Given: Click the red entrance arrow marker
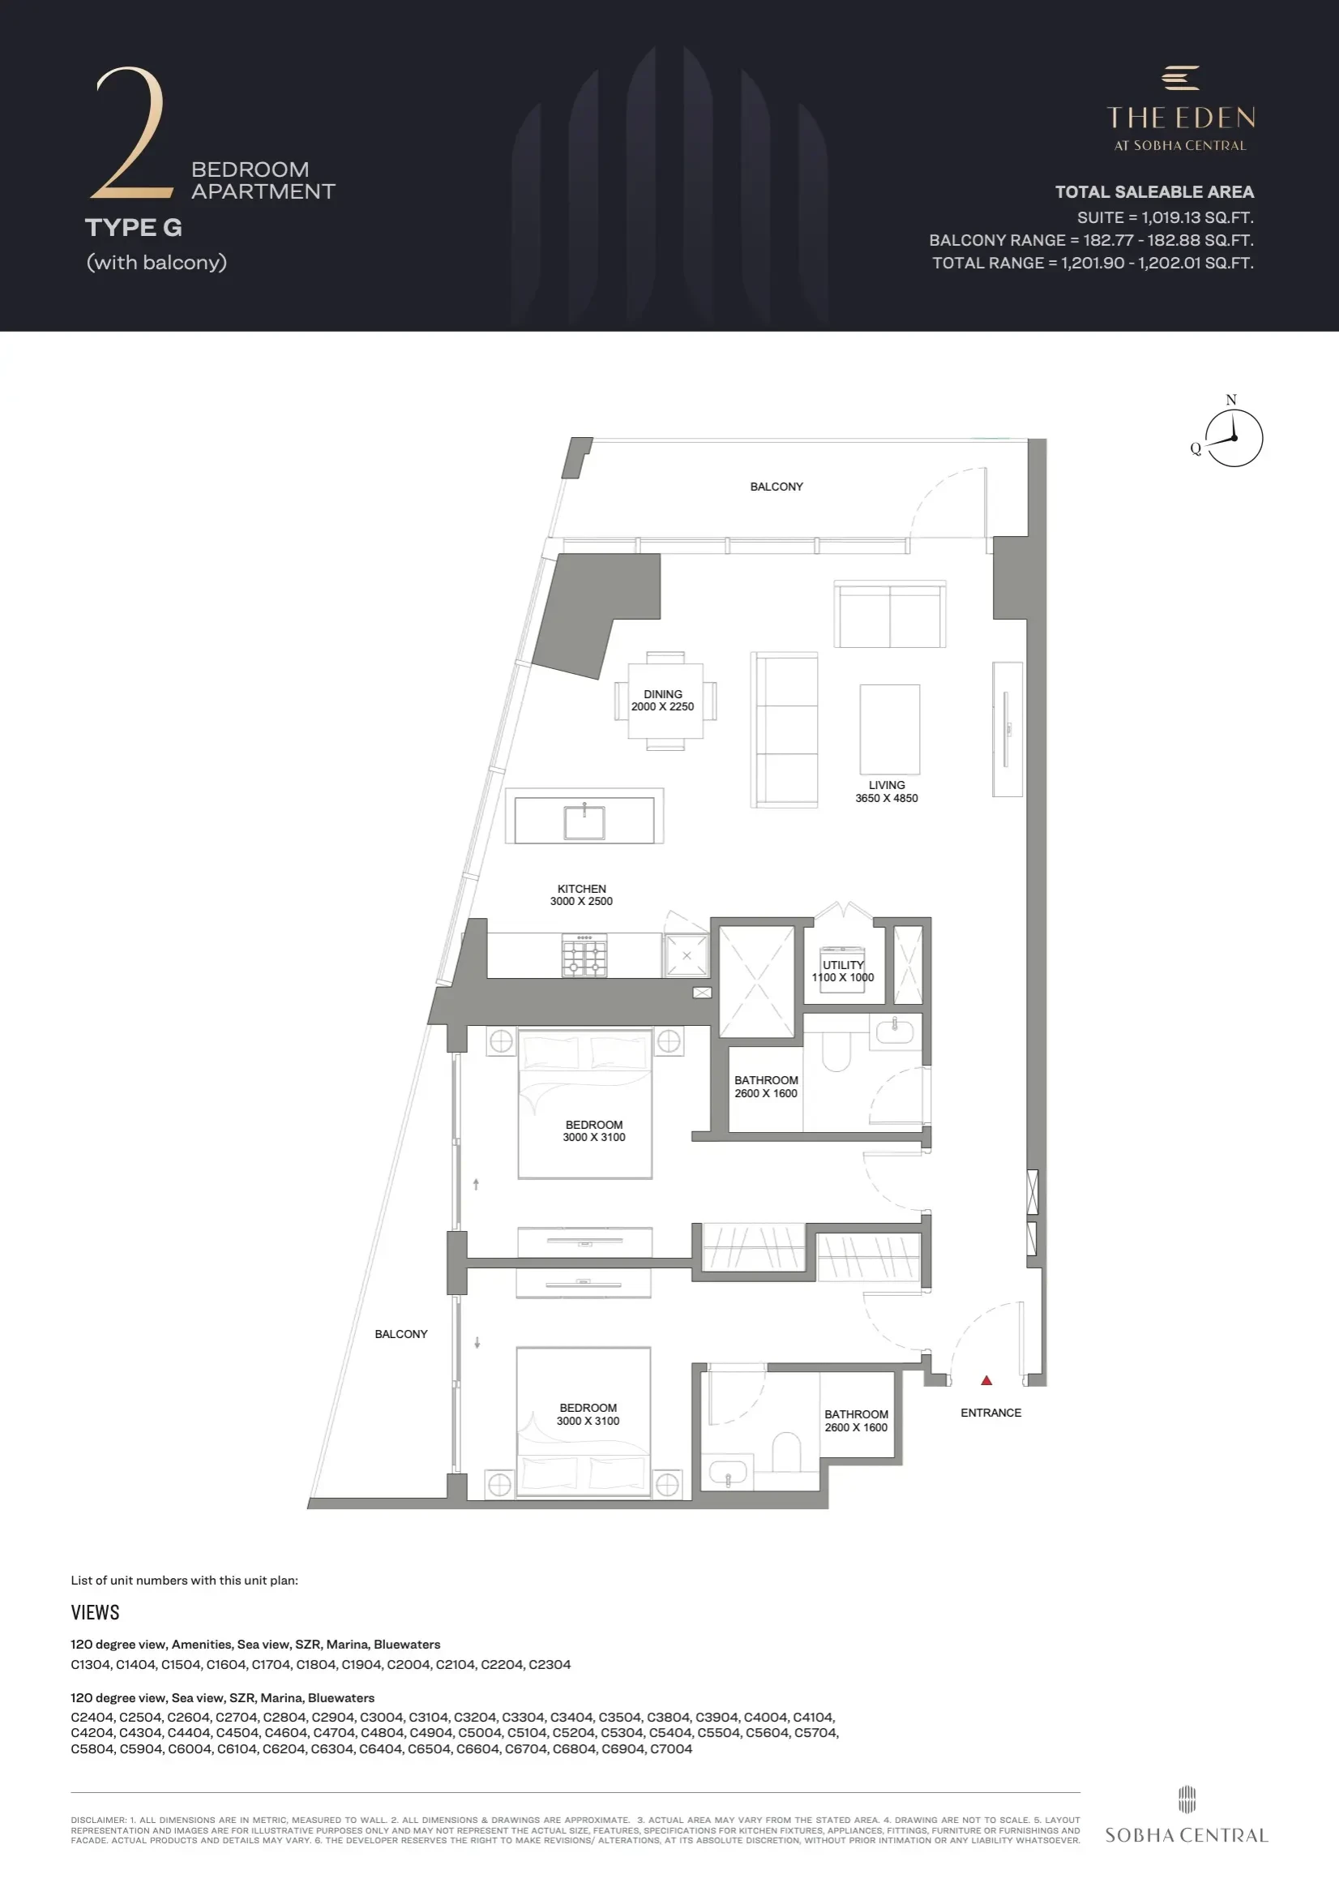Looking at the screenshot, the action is tap(986, 1381).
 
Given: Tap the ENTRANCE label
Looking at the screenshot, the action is tap(990, 1413).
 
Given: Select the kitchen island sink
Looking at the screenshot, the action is tap(584, 822).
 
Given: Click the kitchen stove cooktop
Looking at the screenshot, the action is tap(584, 956).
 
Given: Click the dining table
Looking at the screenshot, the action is tap(665, 701).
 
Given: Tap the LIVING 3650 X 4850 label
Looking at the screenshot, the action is tap(887, 792).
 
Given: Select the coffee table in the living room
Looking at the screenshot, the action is tap(890, 728).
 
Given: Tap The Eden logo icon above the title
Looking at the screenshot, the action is tap(1180, 78).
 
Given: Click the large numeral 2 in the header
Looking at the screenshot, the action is tap(132, 134).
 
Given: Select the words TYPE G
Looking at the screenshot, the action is tap(134, 227).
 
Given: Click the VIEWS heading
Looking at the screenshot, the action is tap(95, 1612).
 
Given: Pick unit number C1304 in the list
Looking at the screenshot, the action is tap(91, 1664).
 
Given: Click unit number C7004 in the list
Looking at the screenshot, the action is tap(670, 1748).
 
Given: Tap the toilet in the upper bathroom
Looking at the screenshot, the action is tap(836, 1050).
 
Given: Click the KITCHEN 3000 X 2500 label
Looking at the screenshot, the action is tap(581, 895).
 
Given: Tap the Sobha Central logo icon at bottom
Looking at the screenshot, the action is tap(1187, 1799).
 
